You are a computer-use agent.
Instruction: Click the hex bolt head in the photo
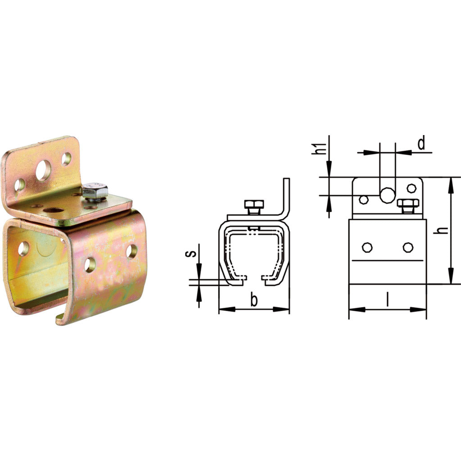click(95, 191)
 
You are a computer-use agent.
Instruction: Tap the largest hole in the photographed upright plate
click(44, 171)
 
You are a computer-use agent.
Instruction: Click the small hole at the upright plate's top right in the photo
click(66, 158)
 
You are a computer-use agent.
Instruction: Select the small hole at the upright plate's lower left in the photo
click(19, 185)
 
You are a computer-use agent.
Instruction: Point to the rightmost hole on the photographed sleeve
click(131, 251)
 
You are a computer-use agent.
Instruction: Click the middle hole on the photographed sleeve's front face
click(90, 265)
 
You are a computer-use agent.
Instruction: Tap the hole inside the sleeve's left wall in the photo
click(23, 249)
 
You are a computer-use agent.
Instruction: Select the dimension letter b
click(254, 300)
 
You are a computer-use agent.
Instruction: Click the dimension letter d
click(421, 144)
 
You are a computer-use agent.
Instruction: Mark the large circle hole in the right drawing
click(387, 194)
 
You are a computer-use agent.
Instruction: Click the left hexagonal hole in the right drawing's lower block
click(367, 247)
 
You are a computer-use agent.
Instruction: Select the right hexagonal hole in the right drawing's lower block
click(407, 247)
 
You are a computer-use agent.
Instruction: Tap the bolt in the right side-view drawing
click(408, 205)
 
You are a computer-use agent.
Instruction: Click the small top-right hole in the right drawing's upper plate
click(411, 188)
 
